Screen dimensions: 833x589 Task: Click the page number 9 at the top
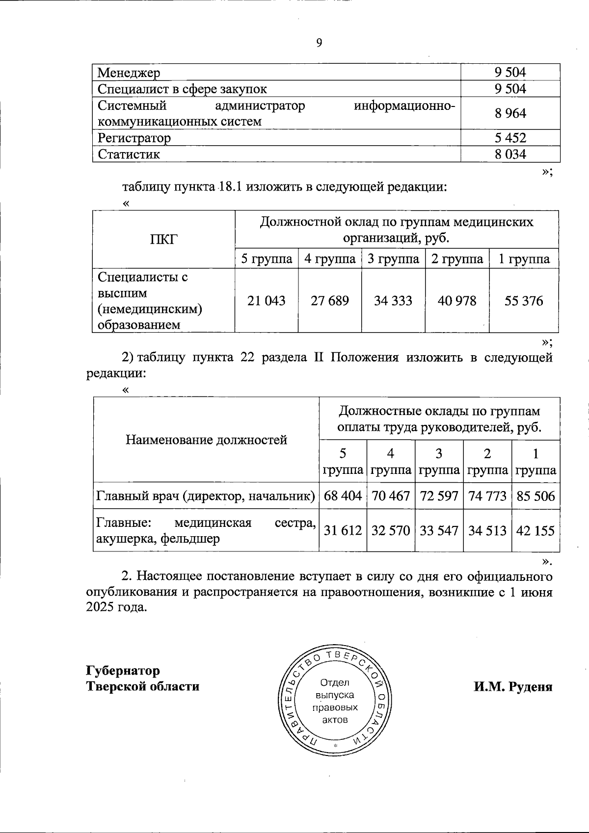(319, 43)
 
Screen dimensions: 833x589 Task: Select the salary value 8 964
(510, 113)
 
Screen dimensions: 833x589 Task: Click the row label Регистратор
(134, 138)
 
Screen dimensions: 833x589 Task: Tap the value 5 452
(510, 138)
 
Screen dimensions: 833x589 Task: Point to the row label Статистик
(129, 155)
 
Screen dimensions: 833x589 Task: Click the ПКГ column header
(163, 239)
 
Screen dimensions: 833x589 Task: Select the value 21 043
(266, 301)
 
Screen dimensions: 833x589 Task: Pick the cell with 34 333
(393, 301)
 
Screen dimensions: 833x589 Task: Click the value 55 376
(524, 301)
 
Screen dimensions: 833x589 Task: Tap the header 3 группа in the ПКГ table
(393, 259)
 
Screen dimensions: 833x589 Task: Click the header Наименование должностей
(206, 440)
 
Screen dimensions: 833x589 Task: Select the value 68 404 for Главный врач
(343, 496)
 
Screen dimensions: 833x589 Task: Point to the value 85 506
(535, 496)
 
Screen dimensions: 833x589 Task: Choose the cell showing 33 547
(439, 530)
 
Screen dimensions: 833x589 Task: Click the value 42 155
(535, 530)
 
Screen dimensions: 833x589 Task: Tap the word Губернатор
(123, 670)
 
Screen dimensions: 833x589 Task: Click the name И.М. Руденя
(512, 686)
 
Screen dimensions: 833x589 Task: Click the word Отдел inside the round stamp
(334, 682)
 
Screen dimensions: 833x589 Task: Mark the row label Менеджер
(129, 73)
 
